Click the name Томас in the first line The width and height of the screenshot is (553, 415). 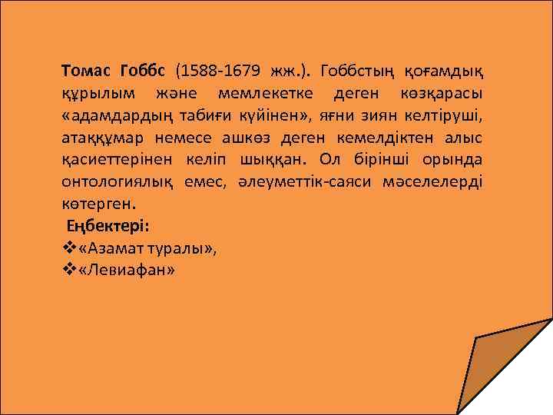click(x=86, y=72)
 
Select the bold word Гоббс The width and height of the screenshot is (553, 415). click(x=144, y=72)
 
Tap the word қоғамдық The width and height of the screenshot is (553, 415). click(x=449, y=72)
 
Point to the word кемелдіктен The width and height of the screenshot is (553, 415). click(x=373, y=139)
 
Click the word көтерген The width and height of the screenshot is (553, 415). click(x=98, y=206)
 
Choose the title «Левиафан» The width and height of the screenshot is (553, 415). click(x=126, y=271)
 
